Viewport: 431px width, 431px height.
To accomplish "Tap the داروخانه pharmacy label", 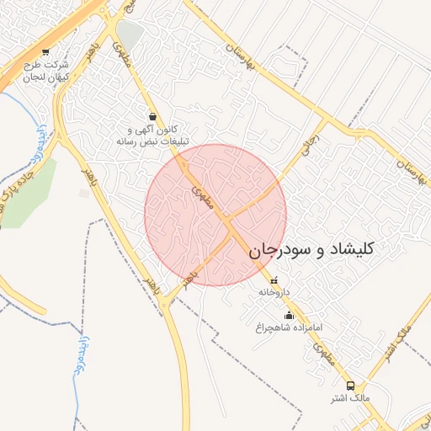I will click(274, 291).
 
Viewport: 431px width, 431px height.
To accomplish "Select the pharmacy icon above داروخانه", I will click(274, 280).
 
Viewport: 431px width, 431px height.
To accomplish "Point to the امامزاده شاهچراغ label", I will click(289, 325).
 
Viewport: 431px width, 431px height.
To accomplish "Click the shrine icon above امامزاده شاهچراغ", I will click(289, 315).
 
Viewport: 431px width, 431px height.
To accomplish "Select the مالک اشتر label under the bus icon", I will click(350, 396).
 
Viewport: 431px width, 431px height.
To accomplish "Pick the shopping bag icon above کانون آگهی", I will click(152, 116).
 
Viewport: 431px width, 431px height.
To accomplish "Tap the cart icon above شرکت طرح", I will click(45, 51).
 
